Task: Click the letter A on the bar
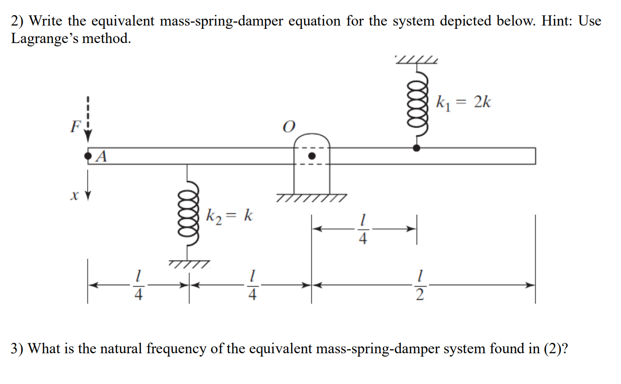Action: point(100,157)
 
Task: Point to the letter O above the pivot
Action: point(288,127)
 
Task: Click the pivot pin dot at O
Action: point(311,156)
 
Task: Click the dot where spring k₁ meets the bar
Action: point(417,148)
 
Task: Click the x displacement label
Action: point(72,195)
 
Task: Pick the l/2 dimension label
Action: point(420,285)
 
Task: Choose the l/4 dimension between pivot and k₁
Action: point(363,229)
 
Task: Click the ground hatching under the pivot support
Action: point(311,197)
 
